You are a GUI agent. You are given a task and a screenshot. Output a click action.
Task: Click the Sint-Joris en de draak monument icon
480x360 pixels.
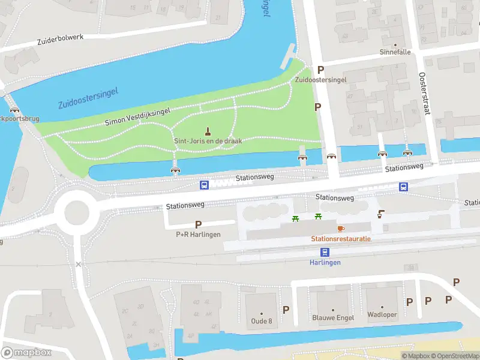coord(208,131)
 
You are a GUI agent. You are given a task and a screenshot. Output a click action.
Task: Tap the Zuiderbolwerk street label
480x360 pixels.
coord(59,39)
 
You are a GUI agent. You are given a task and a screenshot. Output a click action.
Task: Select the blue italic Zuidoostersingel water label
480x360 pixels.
coord(88,98)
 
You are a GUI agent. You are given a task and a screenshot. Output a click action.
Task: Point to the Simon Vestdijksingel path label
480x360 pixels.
coord(137,116)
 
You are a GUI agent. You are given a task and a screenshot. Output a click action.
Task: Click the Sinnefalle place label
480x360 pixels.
coord(395,52)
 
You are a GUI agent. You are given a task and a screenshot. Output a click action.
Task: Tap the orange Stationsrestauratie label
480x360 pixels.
coord(341,239)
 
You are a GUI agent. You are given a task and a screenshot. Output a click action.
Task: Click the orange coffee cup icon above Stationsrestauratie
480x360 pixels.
coord(341,229)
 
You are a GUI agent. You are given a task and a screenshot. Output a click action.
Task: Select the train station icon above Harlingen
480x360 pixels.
coord(325,253)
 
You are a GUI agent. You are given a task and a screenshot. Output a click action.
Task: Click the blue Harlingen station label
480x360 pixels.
coord(325,263)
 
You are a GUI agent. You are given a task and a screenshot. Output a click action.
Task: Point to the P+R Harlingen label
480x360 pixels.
coord(198,235)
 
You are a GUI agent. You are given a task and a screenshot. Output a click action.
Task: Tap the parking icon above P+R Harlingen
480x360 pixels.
coord(198,224)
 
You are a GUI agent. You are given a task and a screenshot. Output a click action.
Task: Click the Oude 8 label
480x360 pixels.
coord(262,321)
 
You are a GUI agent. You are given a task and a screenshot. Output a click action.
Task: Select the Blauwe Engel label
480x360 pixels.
coord(333,317)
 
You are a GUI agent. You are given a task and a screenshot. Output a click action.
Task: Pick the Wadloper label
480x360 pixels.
coord(382,314)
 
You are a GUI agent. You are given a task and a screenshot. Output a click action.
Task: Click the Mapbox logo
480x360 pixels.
coord(26,352)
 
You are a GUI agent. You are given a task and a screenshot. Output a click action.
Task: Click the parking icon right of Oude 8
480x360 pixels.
coord(286,310)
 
